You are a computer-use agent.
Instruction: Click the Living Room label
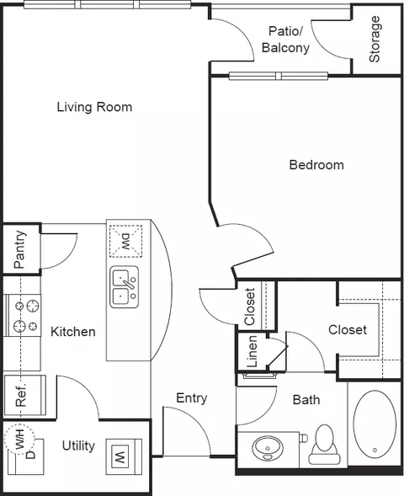pos(94,107)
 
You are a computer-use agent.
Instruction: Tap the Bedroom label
pos(316,165)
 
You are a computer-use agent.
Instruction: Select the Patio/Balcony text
pos(286,40)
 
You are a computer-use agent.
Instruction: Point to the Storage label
pos(375,39)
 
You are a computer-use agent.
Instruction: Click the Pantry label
pos(19,249)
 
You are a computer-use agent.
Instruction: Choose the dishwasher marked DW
pos(125,241)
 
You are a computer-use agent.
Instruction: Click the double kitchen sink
pos(125,287)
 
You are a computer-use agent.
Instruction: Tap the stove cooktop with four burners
pos(23,316)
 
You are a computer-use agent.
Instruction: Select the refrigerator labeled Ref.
pos(25,396)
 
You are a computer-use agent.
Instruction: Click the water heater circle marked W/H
pos(19,440)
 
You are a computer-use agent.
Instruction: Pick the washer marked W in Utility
pos(124,456)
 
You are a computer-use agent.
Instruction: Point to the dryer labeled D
pos(25,456)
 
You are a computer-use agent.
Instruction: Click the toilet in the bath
pos(325,445)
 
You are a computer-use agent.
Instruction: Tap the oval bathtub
pos(375,424)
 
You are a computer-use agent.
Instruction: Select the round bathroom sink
pos(268,448)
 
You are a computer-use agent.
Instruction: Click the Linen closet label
pos(252,351)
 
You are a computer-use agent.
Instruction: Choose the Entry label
pos(192,398)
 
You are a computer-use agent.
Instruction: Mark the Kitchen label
pos(73,332)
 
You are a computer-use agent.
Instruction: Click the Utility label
pos(78,446)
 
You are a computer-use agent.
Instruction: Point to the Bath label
pos(306,400)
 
